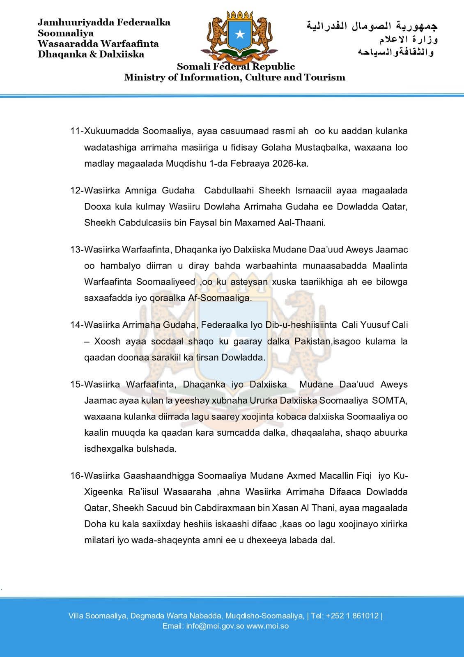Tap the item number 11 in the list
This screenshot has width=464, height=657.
76,131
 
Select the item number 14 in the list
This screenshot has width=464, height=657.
76,325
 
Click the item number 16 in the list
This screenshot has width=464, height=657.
76,476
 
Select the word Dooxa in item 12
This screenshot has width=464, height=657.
96,207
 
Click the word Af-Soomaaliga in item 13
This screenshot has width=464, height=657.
225,298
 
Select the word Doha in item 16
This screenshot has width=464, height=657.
94,524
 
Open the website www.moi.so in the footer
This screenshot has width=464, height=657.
268,626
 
